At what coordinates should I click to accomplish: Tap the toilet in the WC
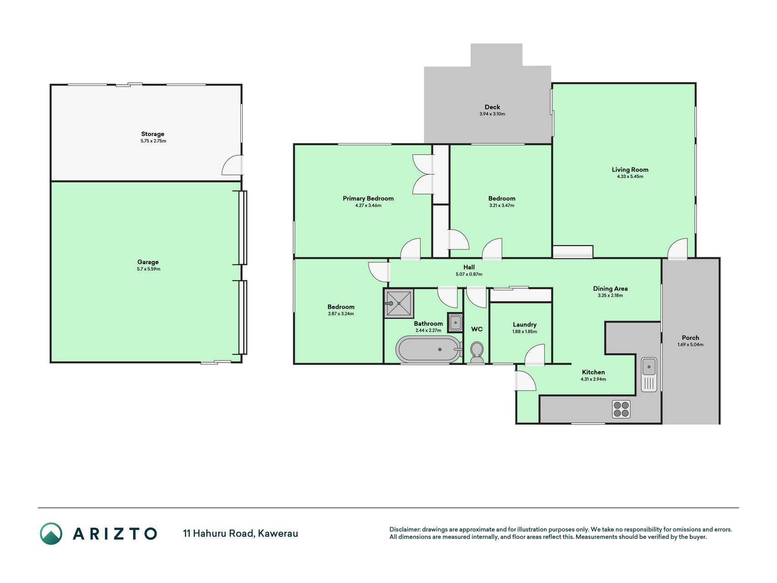(x=477, y=353)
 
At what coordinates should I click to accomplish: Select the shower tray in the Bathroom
(x=399, y=303)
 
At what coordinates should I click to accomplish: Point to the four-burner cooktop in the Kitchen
(x=621, y=409)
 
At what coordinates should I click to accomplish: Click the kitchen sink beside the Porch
(x=649, y=374)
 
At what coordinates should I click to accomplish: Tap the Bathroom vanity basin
(x=455, y=322)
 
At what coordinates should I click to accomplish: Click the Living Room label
(x=630, y=169)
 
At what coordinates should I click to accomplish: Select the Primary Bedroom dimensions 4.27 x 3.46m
(x=368, y=205)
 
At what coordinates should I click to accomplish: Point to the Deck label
(x=492, y=107)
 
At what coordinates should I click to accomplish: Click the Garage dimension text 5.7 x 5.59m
(x=148, y=269)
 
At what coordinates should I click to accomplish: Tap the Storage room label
(x=152, y=134)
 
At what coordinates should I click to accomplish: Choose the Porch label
(x=690, y=338)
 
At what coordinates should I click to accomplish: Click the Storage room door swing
(x=232, y=165)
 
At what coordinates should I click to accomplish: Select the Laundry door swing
(x=534, y=355)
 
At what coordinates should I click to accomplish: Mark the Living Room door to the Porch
(x=678, y=249)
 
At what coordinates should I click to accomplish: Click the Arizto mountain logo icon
(x=51, y=533)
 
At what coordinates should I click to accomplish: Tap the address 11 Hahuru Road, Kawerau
(x=240, y=533)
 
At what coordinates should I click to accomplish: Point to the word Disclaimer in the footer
(x=404, y=529)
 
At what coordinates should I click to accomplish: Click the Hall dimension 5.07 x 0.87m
(x=469, y=274)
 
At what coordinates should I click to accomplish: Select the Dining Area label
(x=610, y=288)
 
